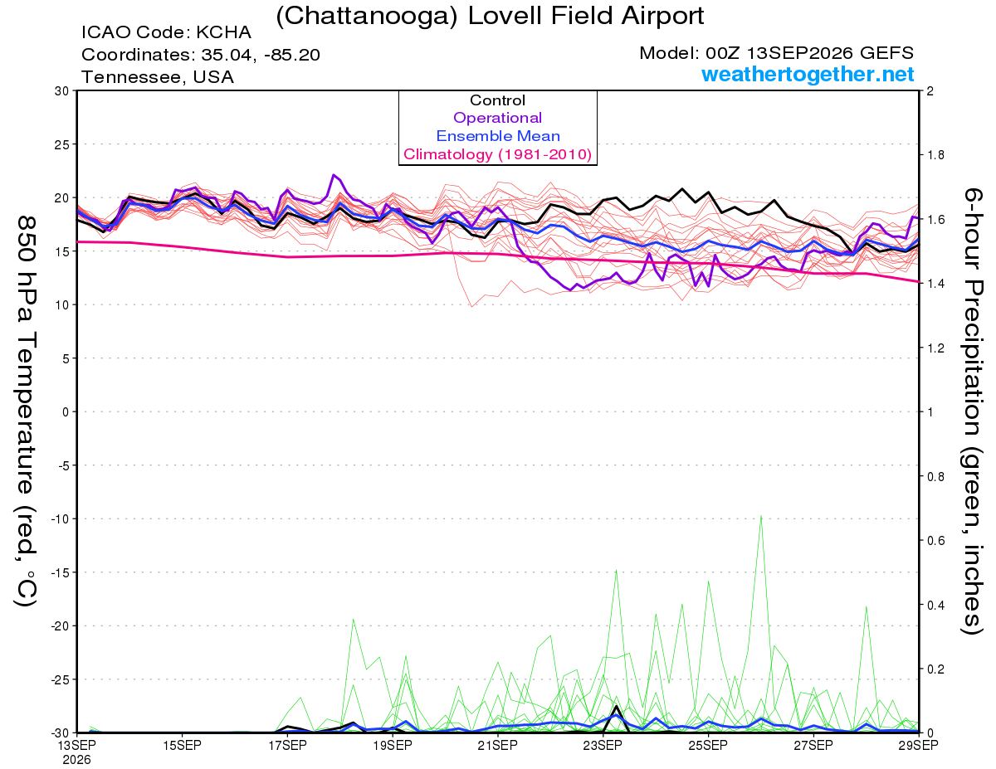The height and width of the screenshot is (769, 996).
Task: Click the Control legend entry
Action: [x=497, y=100]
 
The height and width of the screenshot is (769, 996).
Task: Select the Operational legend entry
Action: [x=497, y=118]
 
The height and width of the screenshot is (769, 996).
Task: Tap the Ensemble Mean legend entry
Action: [x=498, y=136]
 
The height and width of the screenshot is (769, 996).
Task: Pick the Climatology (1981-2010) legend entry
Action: [x=497, y=154]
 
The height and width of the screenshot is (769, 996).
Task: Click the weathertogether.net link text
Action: [x=808, y=74]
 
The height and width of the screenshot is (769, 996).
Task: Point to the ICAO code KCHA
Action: [x=223, y=32]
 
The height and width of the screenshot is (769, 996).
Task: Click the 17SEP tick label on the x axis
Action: [x=287, y=745]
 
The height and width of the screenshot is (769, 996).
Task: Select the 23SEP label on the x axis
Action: [x=603, y=745]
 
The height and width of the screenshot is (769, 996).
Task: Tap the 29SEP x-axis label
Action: [x=919, y=745]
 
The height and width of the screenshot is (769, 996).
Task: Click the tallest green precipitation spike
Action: [x=761, y=516]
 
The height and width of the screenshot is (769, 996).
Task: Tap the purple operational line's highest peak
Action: [x=334, y=175]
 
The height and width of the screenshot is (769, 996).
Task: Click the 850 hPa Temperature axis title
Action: [x=26, y=411]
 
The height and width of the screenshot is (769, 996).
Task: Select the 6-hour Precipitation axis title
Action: [x=973, y=411]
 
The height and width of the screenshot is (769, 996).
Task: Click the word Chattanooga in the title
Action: [x=367, y=17]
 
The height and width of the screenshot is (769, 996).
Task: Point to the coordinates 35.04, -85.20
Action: [x=261, y=55]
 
